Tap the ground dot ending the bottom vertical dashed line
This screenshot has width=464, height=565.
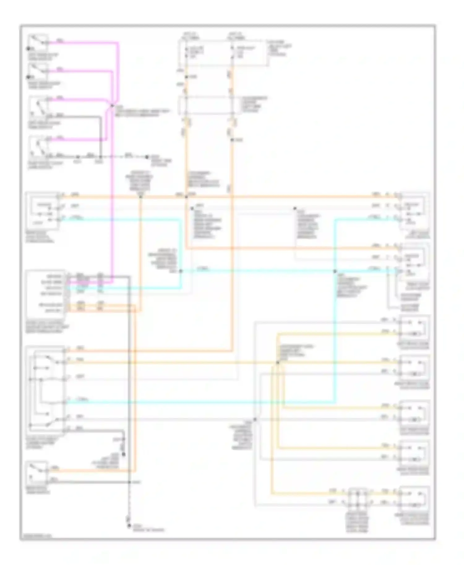pos(129,526)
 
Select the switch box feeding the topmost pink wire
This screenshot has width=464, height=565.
pos(38,43)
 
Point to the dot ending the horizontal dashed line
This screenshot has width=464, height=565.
pos(147,157)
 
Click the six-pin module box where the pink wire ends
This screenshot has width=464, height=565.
pos(46,293)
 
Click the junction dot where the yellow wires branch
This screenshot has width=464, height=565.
pos(277,362)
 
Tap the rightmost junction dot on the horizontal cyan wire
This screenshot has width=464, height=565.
pos(335,271)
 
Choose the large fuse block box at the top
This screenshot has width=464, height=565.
pos(223,53)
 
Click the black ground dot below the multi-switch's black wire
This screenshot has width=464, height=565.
pos(123,454)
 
